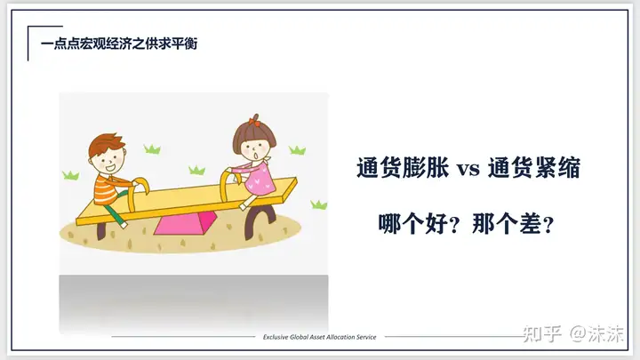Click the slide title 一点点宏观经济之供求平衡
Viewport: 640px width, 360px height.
[119, 44]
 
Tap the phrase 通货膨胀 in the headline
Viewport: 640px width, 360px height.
[403, 167]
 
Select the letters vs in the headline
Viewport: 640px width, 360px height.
[468, 169]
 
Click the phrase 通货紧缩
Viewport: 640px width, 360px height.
[534, 167]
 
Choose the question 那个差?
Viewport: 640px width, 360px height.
[513, 224]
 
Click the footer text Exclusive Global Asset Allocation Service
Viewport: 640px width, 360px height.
[320, 337]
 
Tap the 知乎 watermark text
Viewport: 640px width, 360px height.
[542, 334]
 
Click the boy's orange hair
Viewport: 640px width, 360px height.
[106, 142]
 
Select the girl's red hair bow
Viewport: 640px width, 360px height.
[254, 120]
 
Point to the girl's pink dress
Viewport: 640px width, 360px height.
[260, 179]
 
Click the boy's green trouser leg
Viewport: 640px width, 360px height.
[115, 214]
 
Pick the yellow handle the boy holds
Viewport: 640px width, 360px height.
[137, 192]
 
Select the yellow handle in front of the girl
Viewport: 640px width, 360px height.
[228, 185]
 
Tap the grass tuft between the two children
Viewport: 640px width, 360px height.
[196, 170]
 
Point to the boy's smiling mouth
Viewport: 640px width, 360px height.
[109, 167]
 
